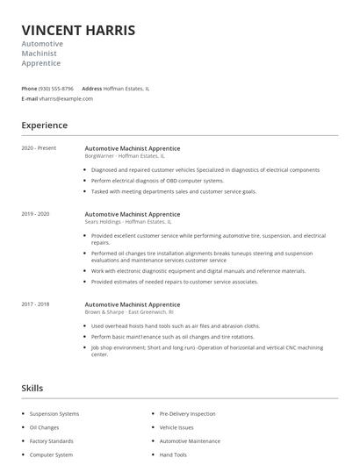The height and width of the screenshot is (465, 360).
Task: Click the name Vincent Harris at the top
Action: click(78, 31)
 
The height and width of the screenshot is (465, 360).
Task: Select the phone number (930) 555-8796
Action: click(56, 89)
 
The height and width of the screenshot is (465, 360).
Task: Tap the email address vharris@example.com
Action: click(66, 99)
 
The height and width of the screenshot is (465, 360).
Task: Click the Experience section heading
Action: click(44, 125)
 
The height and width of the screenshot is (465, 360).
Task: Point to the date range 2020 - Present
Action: click(39, 148)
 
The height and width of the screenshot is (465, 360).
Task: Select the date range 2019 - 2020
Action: click(35, 214)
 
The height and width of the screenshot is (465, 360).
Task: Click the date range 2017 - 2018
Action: click(35, 304)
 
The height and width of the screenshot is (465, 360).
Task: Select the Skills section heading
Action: click(32, 388)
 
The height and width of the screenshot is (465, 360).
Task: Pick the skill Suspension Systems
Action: click(54, 413)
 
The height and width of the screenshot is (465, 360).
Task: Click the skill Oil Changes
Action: click(45, 427)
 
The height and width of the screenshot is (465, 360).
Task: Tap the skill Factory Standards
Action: click(52, 441)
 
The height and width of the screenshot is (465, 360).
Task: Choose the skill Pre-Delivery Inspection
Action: click(187, 413)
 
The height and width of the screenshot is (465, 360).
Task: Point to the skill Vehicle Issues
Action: click(176, 427)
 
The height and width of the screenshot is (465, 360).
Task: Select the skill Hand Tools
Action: click(173, 455)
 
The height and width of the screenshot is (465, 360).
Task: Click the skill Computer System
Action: click(52, 455)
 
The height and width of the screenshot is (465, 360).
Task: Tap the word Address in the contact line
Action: click(91, 89)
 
